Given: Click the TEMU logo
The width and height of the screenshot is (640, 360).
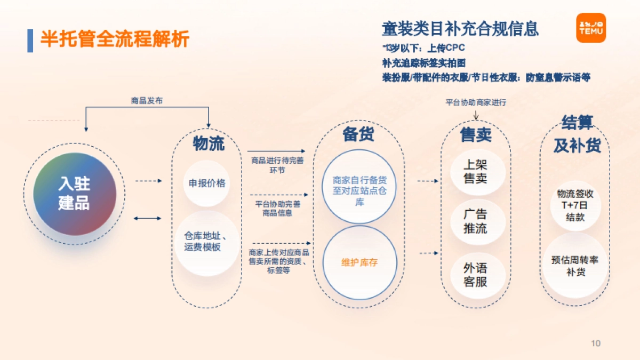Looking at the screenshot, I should coord(591,28).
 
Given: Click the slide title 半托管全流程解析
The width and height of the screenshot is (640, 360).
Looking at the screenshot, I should coord(115,39).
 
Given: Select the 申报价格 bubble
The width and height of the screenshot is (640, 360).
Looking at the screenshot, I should coord(207,183).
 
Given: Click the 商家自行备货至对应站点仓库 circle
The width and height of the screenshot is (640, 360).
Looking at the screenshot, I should coord(360,186).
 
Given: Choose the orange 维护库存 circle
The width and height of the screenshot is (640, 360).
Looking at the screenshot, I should coord(360,262).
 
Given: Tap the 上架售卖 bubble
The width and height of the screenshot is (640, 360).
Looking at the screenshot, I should coord(475,171).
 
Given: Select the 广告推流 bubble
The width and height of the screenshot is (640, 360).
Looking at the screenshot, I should coord(475,221).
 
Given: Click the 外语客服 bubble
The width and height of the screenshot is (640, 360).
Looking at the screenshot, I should coord(475,275).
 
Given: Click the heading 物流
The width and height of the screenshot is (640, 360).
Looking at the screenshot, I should coord(209,143).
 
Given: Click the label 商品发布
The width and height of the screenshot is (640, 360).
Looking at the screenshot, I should coord(147,100).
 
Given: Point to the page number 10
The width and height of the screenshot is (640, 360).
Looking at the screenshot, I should coord(596,343).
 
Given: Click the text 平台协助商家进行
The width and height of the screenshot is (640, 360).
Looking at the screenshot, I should coord(476,102).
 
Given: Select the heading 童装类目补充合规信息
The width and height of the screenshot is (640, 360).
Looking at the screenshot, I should coord(460,28).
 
